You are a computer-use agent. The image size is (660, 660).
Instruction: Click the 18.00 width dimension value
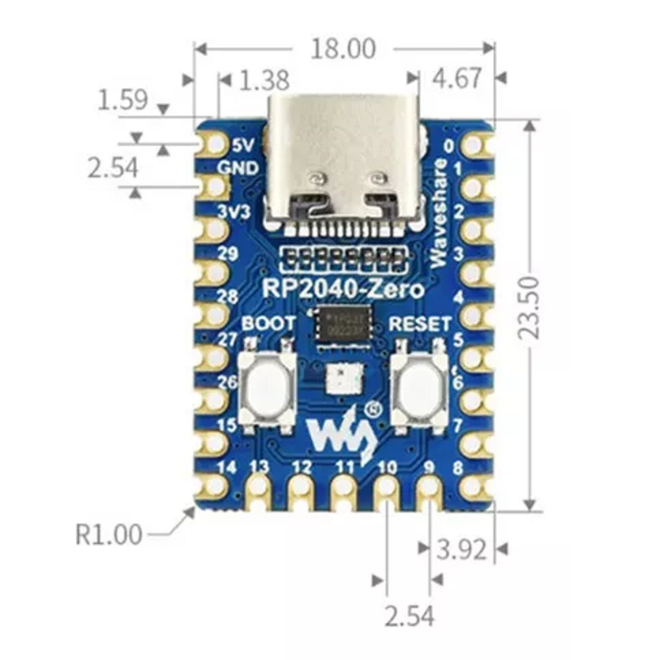[343, 48]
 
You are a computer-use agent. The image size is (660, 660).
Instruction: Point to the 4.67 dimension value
[457, 79]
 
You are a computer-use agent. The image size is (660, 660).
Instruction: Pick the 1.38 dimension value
[265, 81]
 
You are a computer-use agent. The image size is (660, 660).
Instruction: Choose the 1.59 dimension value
[123, 100]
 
